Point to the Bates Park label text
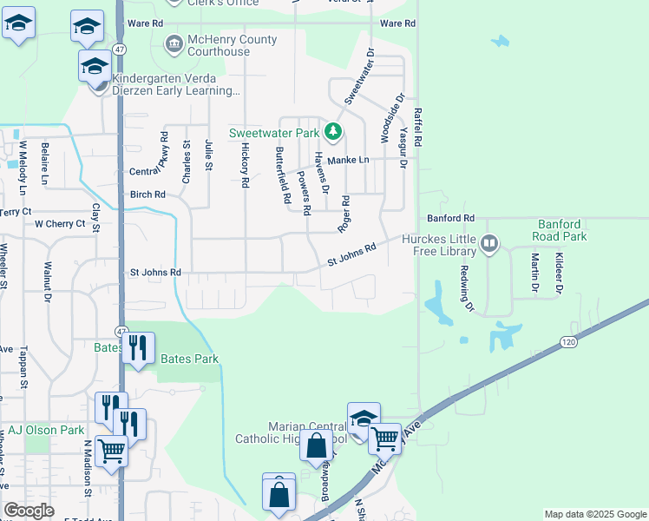coord(189,359)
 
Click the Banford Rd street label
coord(450,218)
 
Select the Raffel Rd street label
coord(417,126)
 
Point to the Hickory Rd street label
coord(245,167)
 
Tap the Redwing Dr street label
coord(469,288)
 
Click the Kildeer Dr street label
coord(560,272)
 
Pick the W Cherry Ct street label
coord(60,224)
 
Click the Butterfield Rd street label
coord(282,175)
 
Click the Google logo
coord(29,511)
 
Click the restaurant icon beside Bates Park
coord(138,348)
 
